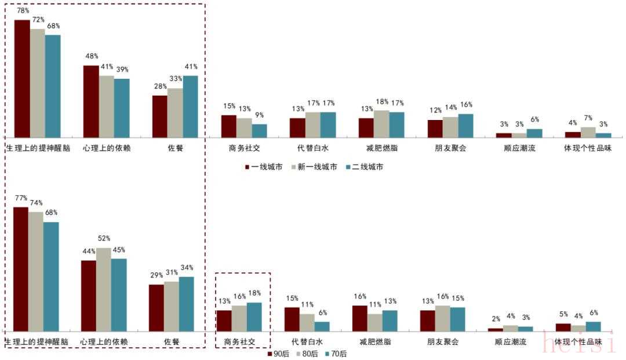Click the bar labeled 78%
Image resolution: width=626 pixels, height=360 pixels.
[22, 78]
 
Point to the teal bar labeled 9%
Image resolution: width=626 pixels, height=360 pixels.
[260, 130]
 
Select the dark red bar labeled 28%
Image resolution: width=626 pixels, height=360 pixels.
[160, 116]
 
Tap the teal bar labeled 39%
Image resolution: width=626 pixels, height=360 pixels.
[122, 108]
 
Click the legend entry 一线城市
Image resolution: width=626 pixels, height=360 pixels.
[264, 167]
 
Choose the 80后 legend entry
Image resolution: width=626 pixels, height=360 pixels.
[306, 353]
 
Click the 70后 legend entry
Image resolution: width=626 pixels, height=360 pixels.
[336, 353]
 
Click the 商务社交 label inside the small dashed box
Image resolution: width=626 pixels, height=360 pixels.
[239, 341]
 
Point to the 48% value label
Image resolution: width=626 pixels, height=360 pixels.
[91, 57]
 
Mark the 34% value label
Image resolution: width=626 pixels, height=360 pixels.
[187, 268]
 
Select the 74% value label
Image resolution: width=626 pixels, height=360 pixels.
[36, 203]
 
